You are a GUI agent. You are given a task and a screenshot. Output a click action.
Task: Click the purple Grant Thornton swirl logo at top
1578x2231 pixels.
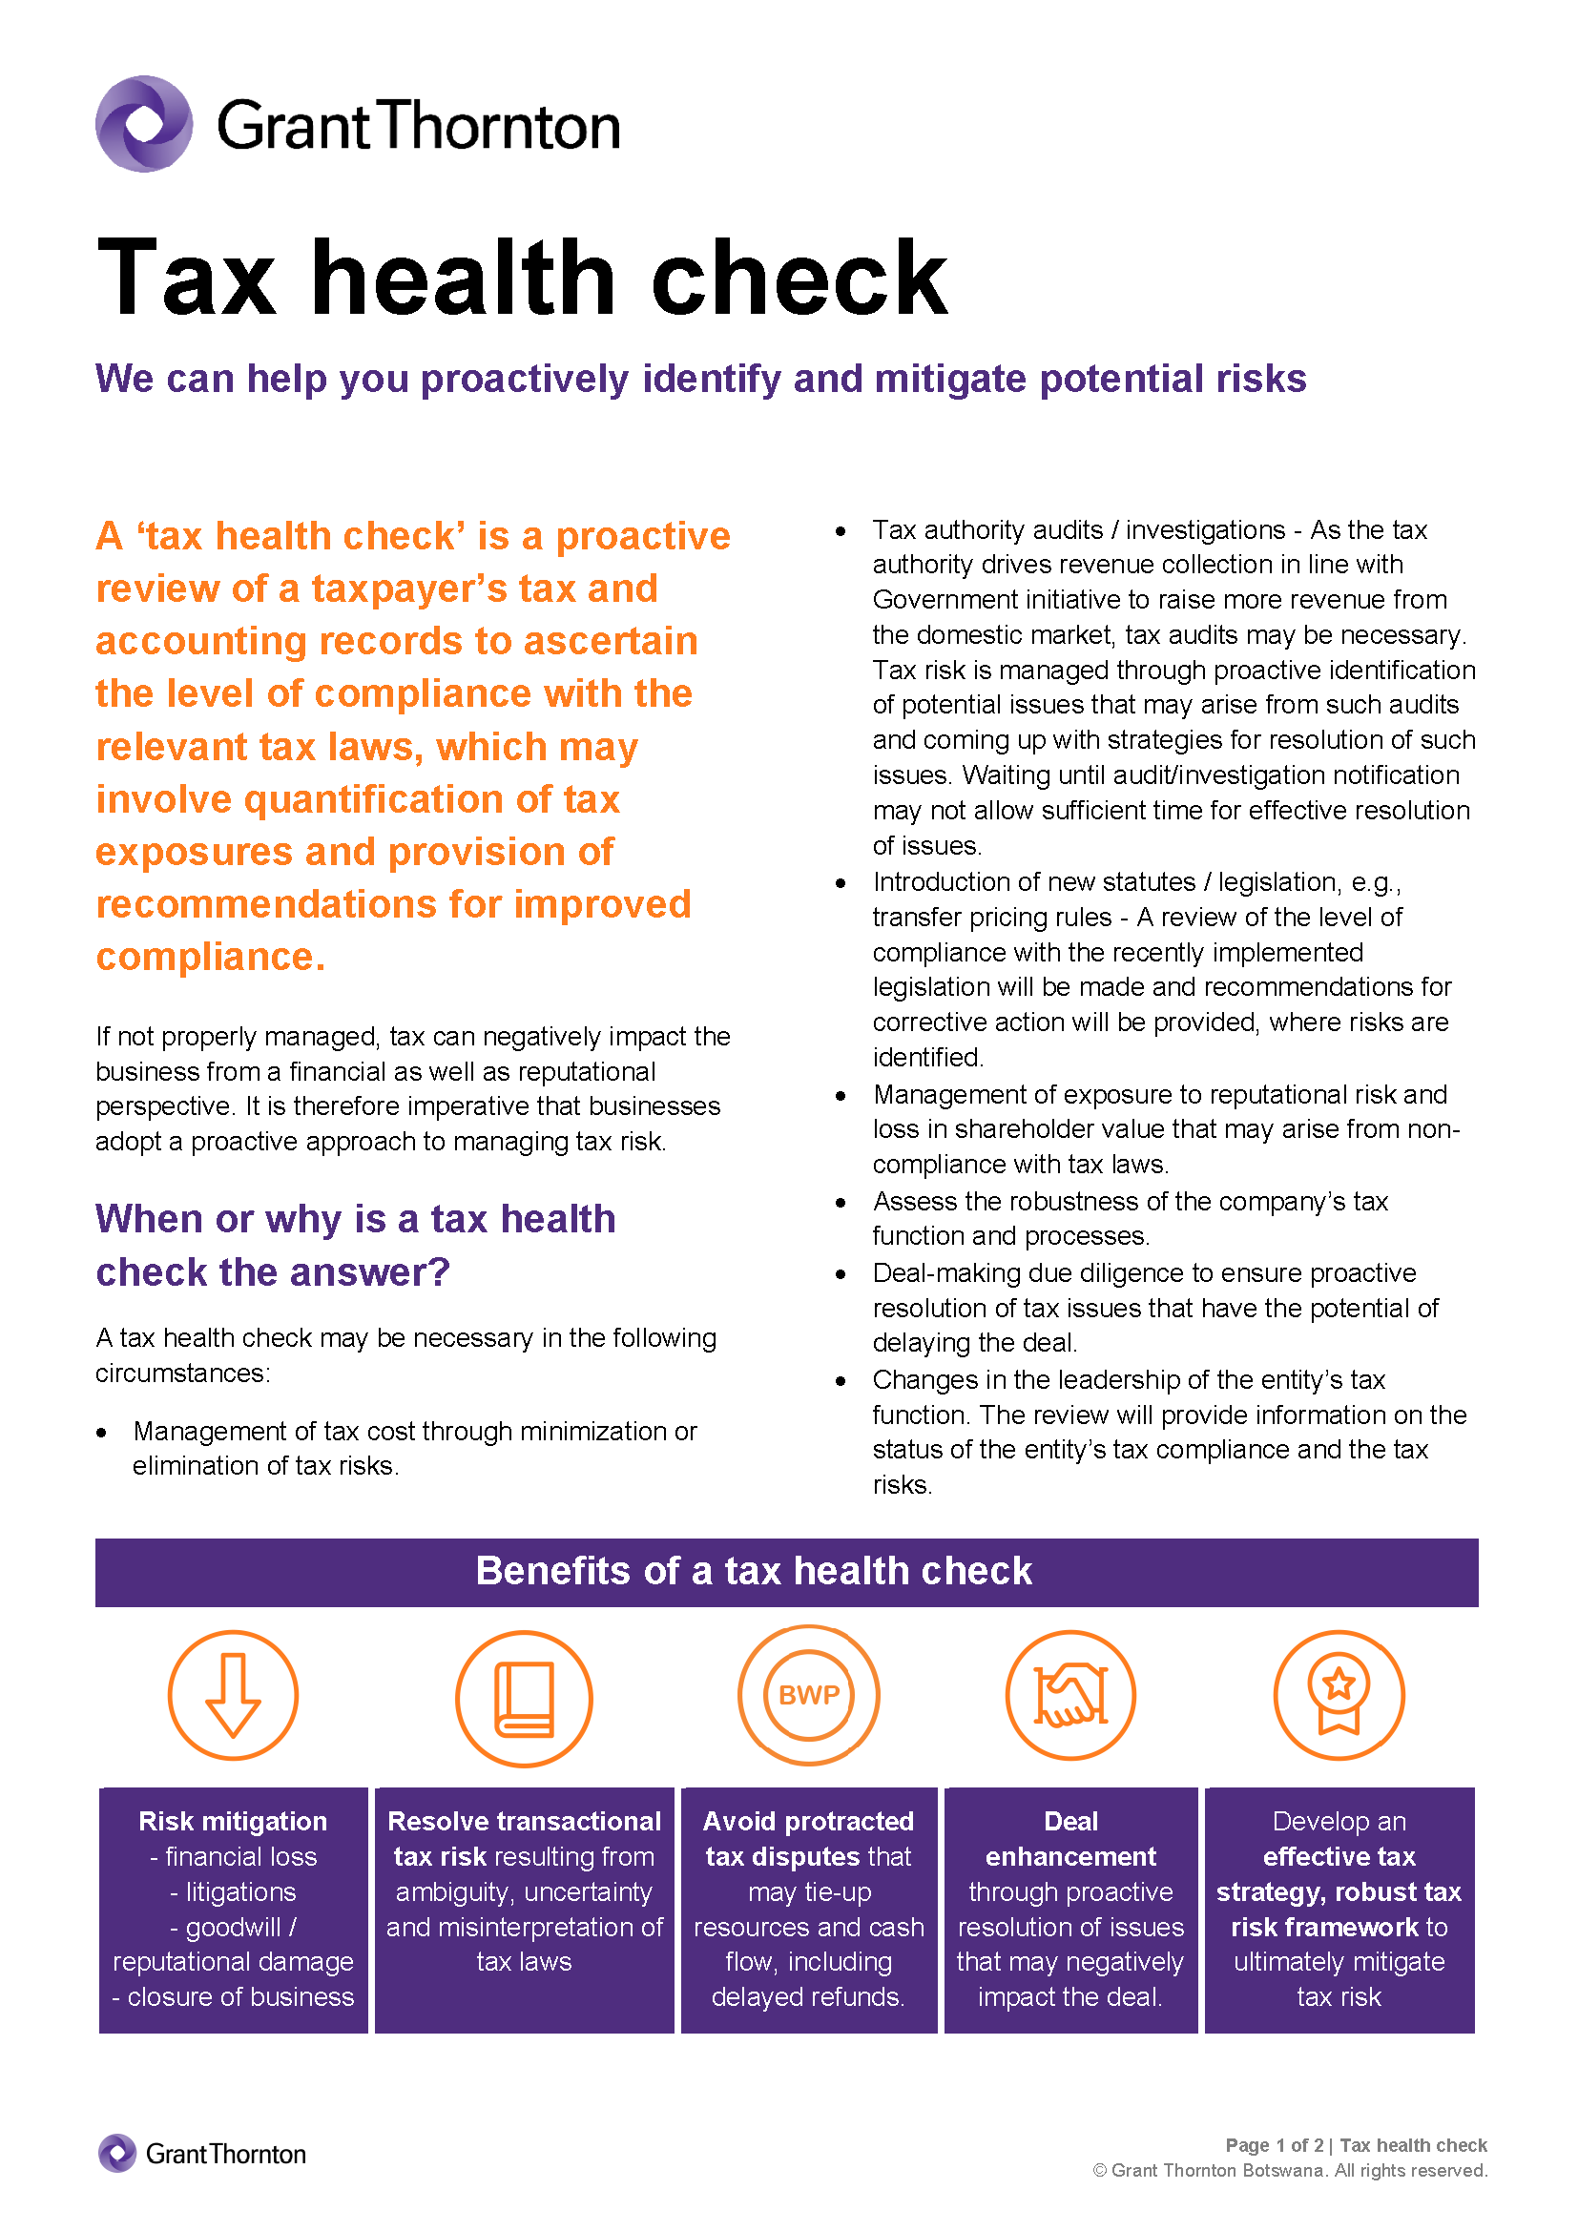pos(144,124)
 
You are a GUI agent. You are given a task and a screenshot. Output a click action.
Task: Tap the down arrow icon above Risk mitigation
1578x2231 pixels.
pos(233,1696)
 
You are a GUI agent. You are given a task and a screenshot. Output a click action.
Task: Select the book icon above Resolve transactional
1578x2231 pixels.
pos(524,1699)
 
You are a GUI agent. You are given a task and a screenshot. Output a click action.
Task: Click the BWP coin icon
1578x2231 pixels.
pos(808,1696)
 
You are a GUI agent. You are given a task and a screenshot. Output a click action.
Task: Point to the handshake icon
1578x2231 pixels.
pos(1069,1696)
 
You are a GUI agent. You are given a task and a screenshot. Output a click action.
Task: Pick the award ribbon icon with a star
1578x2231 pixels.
pos(1338,1696)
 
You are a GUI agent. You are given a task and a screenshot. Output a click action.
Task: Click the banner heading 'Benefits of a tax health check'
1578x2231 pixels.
pos(753,1571)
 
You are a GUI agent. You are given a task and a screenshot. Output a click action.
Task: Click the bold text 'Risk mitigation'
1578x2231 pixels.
pos(233,1822)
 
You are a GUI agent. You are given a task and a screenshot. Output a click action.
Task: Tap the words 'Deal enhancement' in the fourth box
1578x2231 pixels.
pos(1069,1839)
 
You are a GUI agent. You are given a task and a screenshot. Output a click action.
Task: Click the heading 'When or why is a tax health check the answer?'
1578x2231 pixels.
pos(355,1246)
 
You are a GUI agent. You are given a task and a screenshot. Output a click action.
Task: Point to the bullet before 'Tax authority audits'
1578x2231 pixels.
pos(841,531)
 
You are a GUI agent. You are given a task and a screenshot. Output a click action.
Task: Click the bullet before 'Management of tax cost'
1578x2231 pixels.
pos(102,1434)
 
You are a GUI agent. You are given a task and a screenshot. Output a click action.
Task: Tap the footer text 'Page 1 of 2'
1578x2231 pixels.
pos(1274,2145)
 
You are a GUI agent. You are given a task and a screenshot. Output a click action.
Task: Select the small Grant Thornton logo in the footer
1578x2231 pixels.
pos(202,2155)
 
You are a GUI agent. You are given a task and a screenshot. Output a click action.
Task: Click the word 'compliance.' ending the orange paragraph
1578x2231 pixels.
pos(210,957)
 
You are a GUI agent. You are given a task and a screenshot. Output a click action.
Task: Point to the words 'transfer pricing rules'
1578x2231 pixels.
pos(991,918)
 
